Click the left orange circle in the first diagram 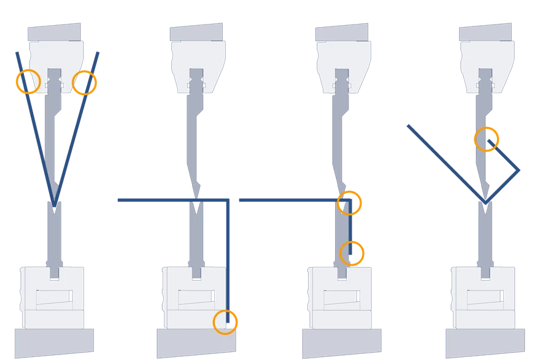(28, 82)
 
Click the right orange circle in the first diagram (85, 83)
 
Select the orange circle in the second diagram (225, 321)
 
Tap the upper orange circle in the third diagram (350, 202)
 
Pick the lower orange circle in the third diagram (352, 253)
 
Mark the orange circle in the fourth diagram (487, 139)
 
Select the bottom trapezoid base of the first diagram (55, 343)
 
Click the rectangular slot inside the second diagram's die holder (195, 298)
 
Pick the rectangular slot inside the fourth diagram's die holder (484, 298)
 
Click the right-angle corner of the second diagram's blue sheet (228, 201)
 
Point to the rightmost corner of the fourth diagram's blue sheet (520, 172)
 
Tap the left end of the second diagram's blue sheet (117, 201)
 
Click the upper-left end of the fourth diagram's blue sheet (406, 125)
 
